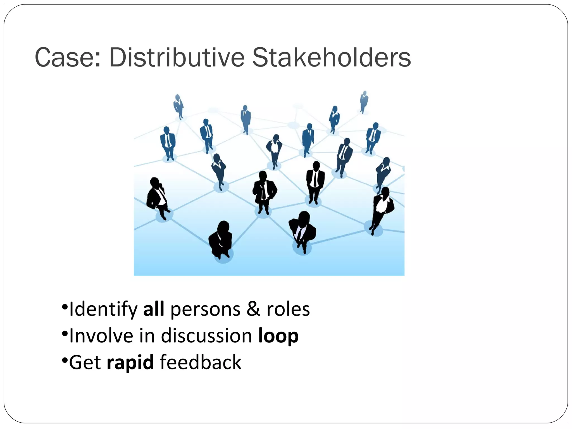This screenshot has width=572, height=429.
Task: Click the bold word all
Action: tap(154, 309)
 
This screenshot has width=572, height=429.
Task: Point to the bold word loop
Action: tap(278, 336)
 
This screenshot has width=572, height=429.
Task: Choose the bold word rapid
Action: tap(130, 362)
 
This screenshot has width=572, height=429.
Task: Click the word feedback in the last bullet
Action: tap(200, 362)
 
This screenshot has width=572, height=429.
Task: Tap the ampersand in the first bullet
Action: tap(253, 309)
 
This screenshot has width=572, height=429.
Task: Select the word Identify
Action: tap(103, 309)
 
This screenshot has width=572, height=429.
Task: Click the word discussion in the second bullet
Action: tap(206, 336)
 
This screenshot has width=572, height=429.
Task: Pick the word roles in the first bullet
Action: tap(288, 309)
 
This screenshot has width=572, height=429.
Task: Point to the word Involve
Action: tap(101, 336)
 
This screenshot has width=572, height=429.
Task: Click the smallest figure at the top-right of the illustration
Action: tap(364, 102)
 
